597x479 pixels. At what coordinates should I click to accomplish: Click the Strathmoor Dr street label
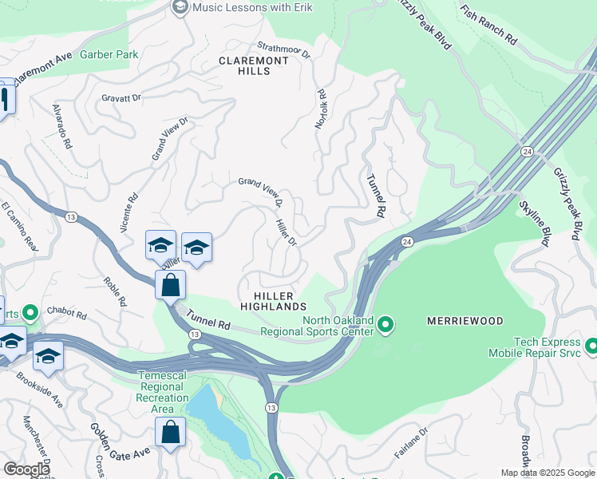pyautogui.click(x=283, y=49)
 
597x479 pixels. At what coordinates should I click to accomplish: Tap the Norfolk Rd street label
pyautogui.click(x=321, y=109)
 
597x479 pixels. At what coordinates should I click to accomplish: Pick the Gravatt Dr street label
pyautogui.click(x=121, y=98)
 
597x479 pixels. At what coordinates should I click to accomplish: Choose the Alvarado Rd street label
pyautogui.click(x=62, y=127)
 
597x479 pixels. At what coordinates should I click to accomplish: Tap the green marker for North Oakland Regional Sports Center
pyautogui.click(x=385, y=324)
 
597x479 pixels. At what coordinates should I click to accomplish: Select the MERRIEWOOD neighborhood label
pyautogui.click(x=465, y=321)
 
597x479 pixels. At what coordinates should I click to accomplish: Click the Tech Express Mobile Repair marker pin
pyautogui.click(x=591, y=346)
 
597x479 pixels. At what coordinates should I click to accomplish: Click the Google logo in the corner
pyautogui.click(x=26, y=469)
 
